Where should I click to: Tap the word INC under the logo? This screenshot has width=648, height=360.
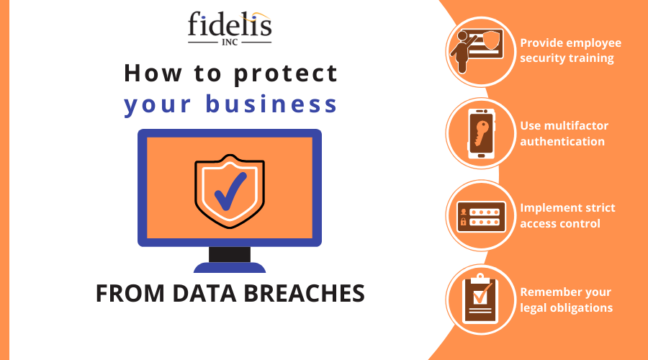click(x=230, y=42)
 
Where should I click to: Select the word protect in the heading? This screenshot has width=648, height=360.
click(x=286, y=74)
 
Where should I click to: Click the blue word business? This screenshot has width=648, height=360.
click(x=271, y=104)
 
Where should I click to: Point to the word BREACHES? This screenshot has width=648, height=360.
click(x=304, y=294)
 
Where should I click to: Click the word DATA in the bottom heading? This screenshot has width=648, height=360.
click(x=204, y=294)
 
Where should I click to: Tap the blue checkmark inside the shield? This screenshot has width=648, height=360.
click(x=230, y=192)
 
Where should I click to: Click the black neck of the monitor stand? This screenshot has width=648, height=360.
click(x=230, y=254)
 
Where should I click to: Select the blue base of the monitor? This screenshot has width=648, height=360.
click(x=230, y=267)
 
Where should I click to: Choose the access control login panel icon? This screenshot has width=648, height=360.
click(x=481, y=217)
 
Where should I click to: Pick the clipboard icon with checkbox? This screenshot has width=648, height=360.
click(x=481, y=298)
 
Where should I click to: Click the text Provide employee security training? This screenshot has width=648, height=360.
click(x=570, y=50)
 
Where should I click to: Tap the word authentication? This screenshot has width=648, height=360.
click(x=562, y=141)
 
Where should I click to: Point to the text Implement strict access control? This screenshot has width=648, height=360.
click(x=567, y=215)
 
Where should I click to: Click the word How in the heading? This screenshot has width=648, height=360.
click(x=153, y=73)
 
